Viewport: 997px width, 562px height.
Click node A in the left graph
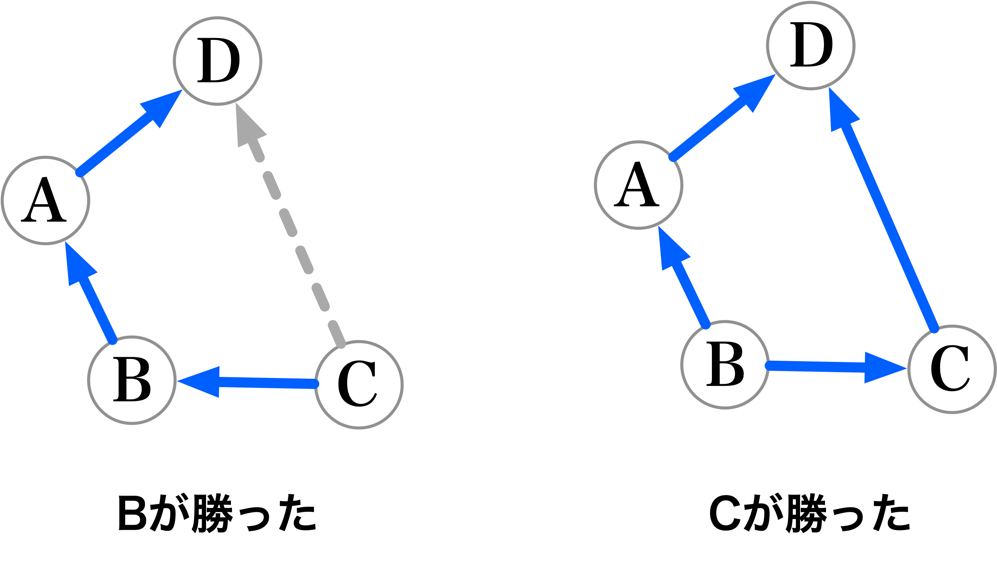point(46,201)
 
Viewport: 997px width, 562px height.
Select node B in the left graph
point(132,380)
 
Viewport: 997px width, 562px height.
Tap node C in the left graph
point(359,385)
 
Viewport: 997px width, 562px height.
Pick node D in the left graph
point(217,61)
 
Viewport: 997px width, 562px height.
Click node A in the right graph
point(639,185)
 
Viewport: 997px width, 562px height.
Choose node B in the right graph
point(725,365)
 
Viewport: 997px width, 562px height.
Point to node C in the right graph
point(952,370)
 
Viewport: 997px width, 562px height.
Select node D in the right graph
point(811,45)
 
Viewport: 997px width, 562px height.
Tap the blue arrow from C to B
point(263,382)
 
